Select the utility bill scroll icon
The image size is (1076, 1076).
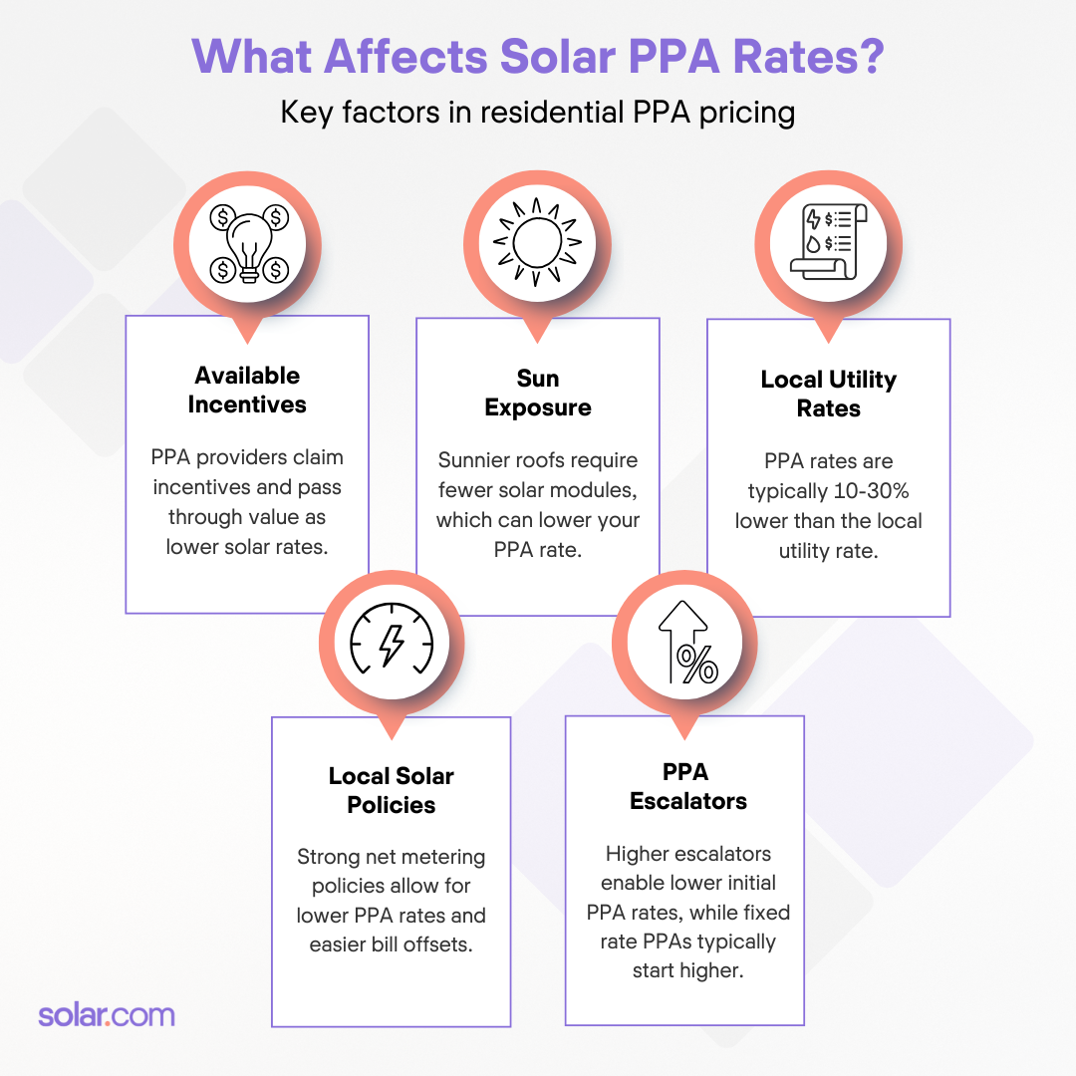coord(828,242)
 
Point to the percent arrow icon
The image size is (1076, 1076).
coord(685,643)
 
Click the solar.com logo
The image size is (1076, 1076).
coord(106,1015)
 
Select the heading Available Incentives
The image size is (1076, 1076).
coord(247,390)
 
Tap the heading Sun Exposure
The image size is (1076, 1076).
coord(538,393)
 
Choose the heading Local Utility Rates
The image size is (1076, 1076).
coord(828,394)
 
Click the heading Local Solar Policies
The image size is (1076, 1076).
coord(391,790)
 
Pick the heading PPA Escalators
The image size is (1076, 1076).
coord(687,786)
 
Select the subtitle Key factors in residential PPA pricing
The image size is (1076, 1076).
coord(538,112)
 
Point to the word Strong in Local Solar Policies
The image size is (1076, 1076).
coord(326,857)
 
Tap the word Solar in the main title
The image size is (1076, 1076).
coord(572,56)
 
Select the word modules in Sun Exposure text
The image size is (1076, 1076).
coord(602,490)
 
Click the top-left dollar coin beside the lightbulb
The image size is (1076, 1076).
coord(222,215)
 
